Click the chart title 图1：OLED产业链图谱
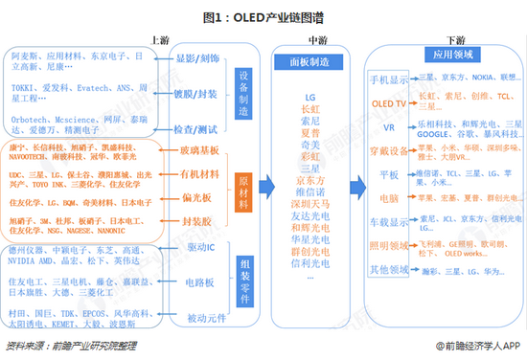pyautogui.click(x=263, y=16)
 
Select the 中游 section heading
pyautogui.click(x=317, y=39)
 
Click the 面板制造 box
pyautogui.click(x=309, y=61)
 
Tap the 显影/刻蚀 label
pyautogui.click(x=199, y=58)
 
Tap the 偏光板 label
pyautogui.click(x=199, y=197)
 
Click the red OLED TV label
pyautogui.click(x=389, y=101)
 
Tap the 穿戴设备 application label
pyautogui.click(x=389, y=149)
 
